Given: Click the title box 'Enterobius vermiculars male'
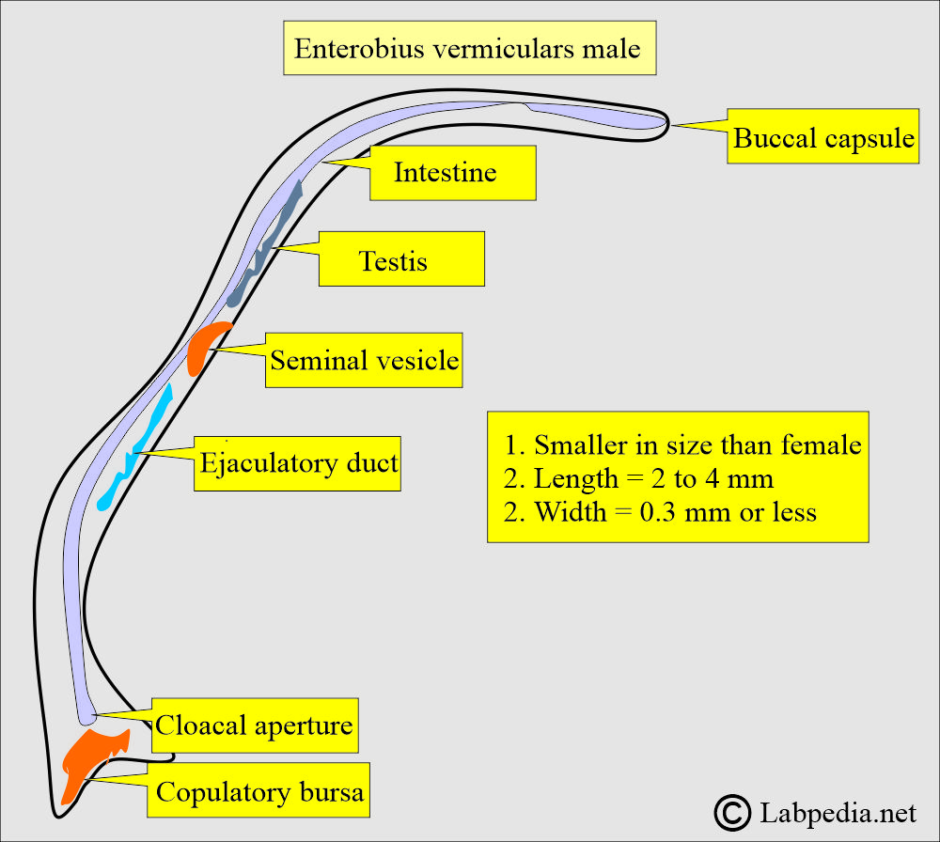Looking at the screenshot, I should [469, 49].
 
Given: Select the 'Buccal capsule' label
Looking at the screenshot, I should [823, 138].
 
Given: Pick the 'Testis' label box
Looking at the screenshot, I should [401, 259].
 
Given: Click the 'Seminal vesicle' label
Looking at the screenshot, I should [365, 360].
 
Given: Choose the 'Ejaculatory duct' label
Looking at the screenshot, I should [298, 462].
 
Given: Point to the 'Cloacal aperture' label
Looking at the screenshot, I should [254, 725].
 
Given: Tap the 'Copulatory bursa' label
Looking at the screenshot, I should [258, 791].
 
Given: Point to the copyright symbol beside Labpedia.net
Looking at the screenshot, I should [732, 810].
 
